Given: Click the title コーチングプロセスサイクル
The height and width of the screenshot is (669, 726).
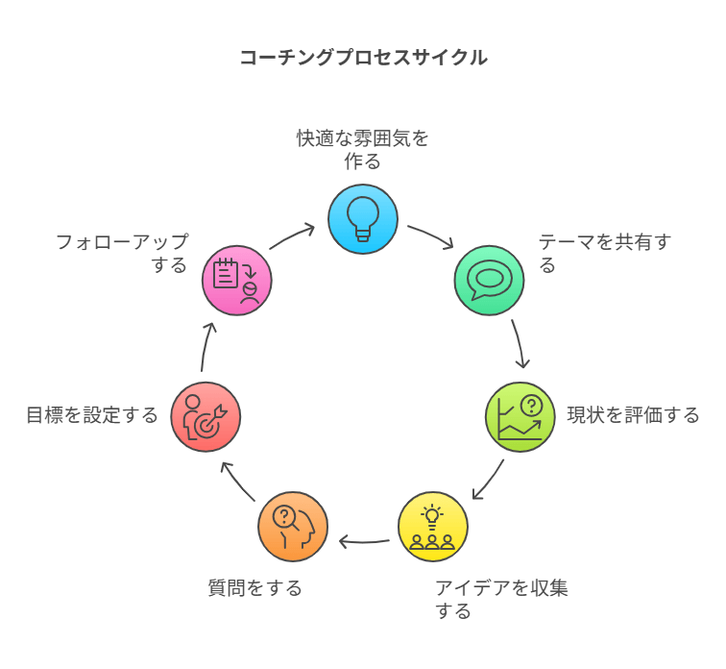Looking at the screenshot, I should tap(363, 58).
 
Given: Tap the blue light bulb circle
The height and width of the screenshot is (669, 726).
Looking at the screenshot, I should tap(363, 219).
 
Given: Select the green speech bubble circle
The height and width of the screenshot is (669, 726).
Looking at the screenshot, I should tap(489, 280).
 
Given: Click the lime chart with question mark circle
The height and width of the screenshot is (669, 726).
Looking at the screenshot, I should tap(520, 416).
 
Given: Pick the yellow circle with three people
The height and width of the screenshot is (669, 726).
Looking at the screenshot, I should tap(433, 527).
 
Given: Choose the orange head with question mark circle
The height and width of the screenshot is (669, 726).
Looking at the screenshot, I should tap(293, 527).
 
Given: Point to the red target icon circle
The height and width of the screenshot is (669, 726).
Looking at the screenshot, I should tap(206, 416).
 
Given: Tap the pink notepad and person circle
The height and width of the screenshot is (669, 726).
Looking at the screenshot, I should tap(236, 280).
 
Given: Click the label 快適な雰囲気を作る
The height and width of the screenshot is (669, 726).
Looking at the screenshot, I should tap(363, 150).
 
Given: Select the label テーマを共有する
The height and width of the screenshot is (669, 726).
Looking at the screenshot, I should tap(604, 253).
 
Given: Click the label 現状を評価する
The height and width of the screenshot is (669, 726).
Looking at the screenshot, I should tap(633, 415).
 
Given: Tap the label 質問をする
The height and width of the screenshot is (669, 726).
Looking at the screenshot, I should tap(255, 587).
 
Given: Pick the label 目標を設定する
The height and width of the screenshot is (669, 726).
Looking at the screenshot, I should tap(92, 415).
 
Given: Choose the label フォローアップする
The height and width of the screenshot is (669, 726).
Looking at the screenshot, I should tap(122, 253).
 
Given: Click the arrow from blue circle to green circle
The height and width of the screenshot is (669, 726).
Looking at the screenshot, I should tap(430, 237).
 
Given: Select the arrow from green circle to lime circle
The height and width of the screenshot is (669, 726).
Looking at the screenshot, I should tap(520, 344).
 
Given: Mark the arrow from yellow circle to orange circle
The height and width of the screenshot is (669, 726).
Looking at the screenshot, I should tap(364, 543).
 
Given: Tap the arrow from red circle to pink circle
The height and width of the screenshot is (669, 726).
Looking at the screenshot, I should tap(206, 347).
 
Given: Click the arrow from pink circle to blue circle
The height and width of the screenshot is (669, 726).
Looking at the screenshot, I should tap(292, 237).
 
